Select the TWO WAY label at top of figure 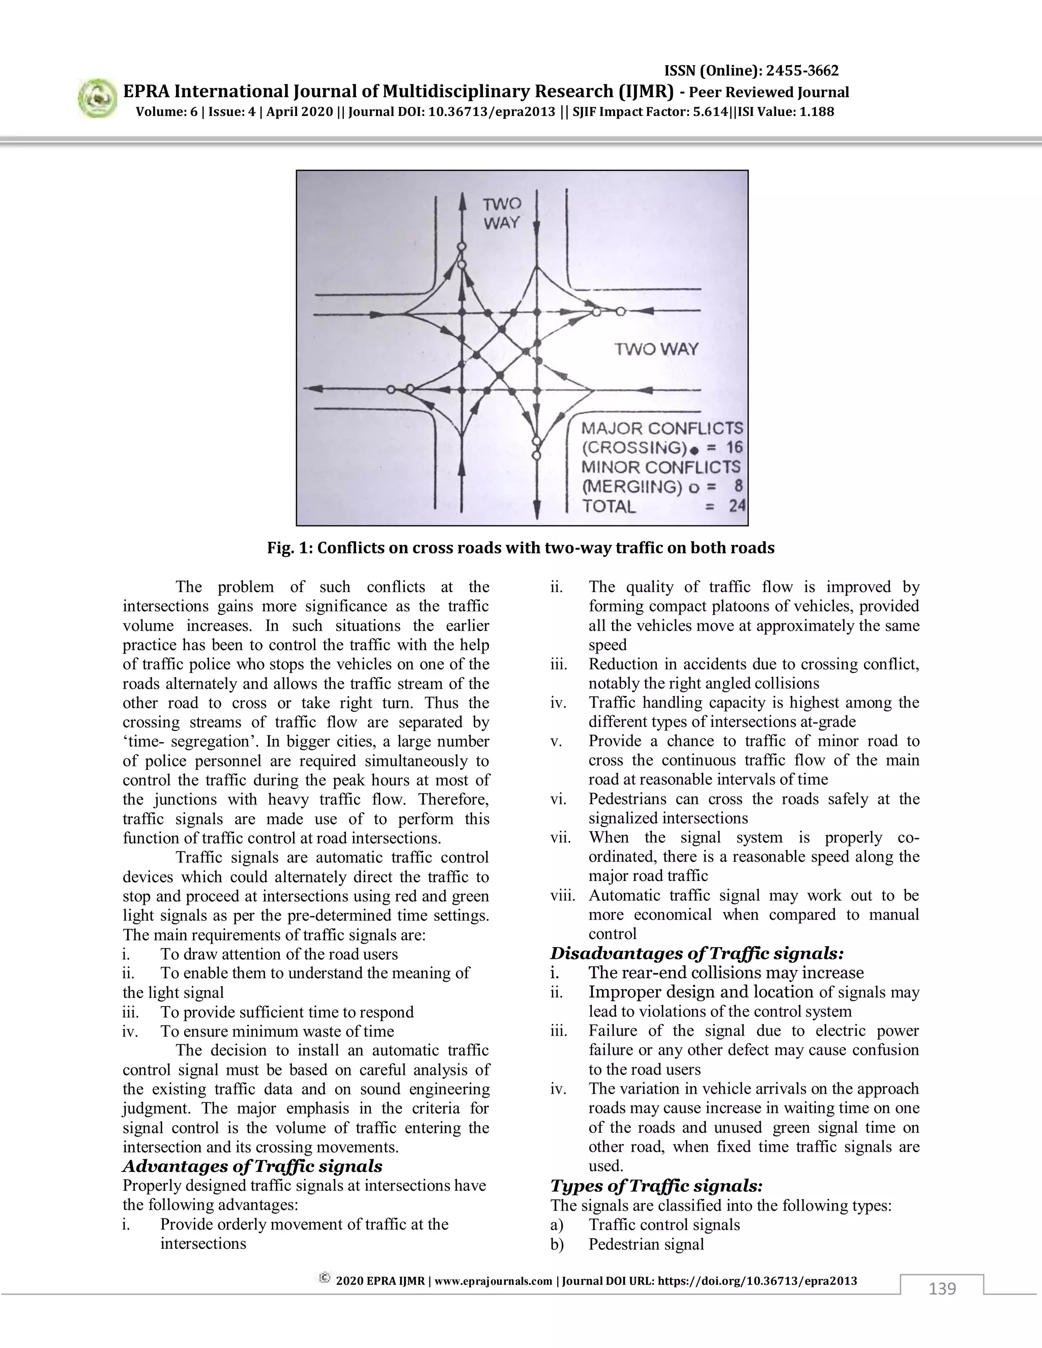click(x=501, y=213)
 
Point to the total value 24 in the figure click(x=736, y=506)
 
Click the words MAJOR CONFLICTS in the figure click(x=662, y=428)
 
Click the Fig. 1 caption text click(x=520, y=548)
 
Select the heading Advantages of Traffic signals click(x=252, y=1166)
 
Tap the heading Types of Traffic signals click(x=657, y=1186)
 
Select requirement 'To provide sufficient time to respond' click(x=286, y=1012)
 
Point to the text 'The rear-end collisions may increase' click(x=726, y=973)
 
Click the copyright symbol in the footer click(x=324, y=1278)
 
